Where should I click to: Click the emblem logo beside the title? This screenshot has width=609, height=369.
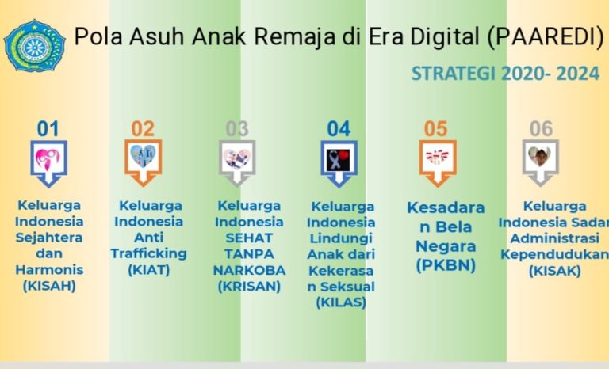34,46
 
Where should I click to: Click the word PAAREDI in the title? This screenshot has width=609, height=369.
546,36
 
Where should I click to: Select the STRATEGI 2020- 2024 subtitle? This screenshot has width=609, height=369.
505,74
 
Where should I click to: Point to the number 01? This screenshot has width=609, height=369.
48,129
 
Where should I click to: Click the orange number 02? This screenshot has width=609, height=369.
143,129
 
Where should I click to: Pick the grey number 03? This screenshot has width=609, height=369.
237,129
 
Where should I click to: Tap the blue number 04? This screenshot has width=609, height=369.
339,129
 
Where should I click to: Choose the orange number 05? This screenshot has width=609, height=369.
436,129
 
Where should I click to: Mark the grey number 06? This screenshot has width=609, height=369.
541,129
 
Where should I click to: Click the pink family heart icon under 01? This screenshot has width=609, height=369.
48,158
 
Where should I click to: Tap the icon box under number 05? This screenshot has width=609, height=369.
438,163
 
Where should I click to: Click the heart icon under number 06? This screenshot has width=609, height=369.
540,156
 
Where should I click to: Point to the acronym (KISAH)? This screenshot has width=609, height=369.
49,286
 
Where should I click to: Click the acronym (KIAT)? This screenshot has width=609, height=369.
149,270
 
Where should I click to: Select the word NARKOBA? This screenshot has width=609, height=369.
249,270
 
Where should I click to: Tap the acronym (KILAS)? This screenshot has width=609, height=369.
341,302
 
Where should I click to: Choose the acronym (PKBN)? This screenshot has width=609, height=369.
446,266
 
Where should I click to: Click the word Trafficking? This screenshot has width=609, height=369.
149,253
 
